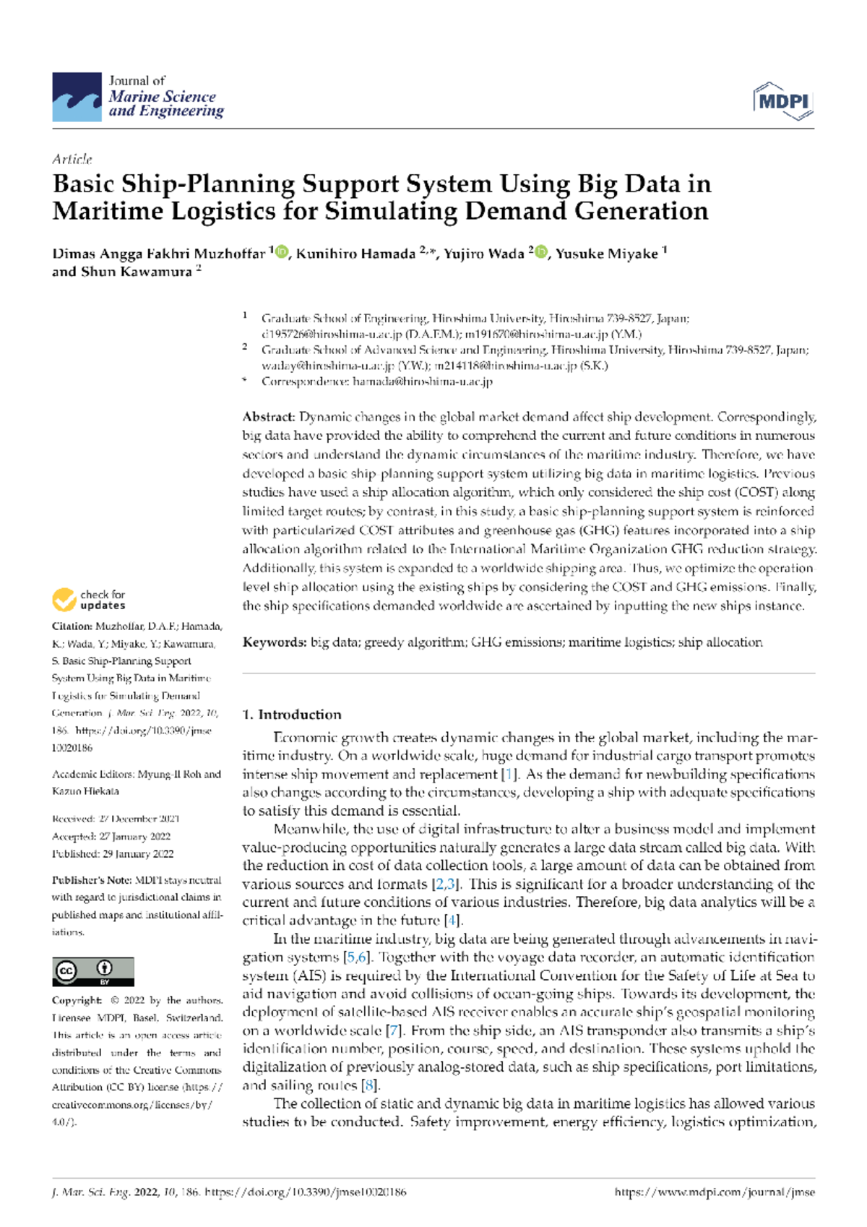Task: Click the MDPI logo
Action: [x=783, y=101]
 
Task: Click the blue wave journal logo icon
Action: [x=77, y=97]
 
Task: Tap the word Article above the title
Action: [x=72, y=159]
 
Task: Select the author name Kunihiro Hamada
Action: [x=355, y=254]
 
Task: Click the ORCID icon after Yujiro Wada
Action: [x=540, y=252]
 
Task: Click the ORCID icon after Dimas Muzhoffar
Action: [x=282, y=252]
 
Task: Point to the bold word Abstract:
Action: [x=268, y=417]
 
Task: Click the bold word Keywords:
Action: [x=275, y=642]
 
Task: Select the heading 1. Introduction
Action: [x=291, y=715]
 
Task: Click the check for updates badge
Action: [x=89, y=600]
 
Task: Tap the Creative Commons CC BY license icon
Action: [x=92, y=972]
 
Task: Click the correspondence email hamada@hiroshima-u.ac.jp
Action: [x=423, y=382]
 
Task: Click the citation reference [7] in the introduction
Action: [x=394, y=1030]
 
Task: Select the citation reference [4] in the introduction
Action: [x=452, y=921]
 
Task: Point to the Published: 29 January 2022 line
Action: [x=113, y=853]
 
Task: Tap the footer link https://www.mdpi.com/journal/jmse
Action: [x=714, y=1192]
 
